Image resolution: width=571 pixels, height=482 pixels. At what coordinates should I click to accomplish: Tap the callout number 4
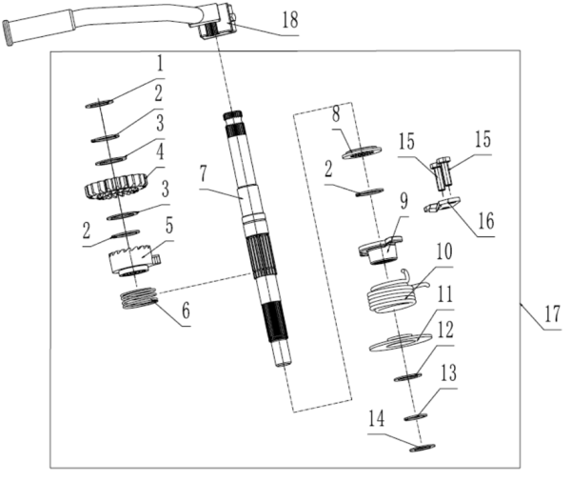tap(160, 150)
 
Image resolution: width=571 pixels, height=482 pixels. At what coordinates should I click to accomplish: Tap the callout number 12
tap(445, 328)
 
